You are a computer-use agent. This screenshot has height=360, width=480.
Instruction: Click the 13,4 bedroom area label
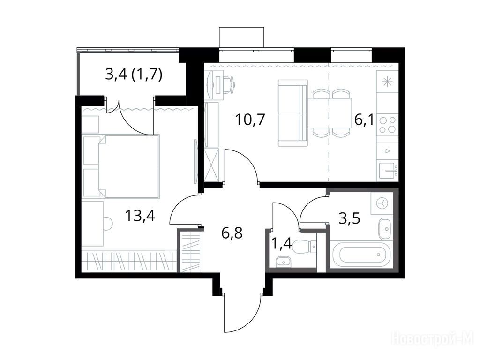click(x=140, y=216)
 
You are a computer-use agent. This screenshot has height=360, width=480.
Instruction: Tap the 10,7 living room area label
click(x=250, y=120)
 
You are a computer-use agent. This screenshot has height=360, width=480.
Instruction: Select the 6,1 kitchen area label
click(x=364, y=120)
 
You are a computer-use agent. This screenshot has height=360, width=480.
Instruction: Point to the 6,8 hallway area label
click(x=232, y=232)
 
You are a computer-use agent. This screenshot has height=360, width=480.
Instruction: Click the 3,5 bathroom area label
click(x=349, y=218)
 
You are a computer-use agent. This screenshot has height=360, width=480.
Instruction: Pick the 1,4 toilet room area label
click(x=281, y=244)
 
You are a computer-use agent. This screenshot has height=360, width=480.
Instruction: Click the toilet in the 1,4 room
click(x=304, y=247)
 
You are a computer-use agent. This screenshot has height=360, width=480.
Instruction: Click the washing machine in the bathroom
click(x=382, y=203)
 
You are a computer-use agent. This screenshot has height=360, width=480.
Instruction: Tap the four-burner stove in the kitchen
click(x=387, y=125)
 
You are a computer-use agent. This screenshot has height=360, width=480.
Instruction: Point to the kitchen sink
click(x=388, y=171)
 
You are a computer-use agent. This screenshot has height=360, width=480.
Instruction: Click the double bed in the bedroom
click(x=128, y=166)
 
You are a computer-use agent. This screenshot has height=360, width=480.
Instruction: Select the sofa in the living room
click(x=292, y=113)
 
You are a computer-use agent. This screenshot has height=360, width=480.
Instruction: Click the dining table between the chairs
click(x=330, y=113)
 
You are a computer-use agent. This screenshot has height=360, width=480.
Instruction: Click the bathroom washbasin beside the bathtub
click(x=385, y=229)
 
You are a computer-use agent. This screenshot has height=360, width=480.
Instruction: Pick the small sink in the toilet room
click(x=283, y=262)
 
